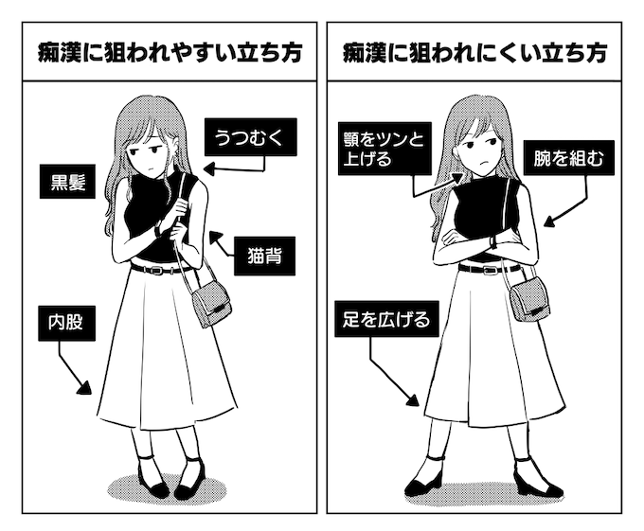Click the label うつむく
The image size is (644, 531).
pyautogui.click(x=251, y=137)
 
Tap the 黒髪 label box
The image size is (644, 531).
pyautogui.click(x=67, y=182)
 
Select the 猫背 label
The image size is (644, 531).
pyautogui.click(x=264, y=257)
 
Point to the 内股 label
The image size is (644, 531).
pyautogui.click(x=67, y=323)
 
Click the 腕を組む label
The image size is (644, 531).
pyautogui.click(x=569, y=158)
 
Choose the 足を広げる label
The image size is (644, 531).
pyautogui.click(x=386, y=319)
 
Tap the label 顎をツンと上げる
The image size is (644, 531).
pyautogui.click(x=385, y=149)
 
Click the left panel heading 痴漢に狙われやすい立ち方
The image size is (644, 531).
pyautogui.click(x=170, y=53)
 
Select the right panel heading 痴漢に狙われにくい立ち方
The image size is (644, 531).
pyautogui.click(x=474, y=53)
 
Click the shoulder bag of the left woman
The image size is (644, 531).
pyautogui.click(x=211, y=303)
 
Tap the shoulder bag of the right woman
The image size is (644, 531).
pyautogui.click(x=530, y=299)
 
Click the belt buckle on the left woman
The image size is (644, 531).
pyautogui.click(x=156, y=271)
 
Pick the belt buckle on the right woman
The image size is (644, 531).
pyautogui.click(x=489, y=270)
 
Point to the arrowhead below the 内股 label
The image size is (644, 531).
pyautogui.click(x=85, y=388)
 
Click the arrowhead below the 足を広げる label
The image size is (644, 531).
pyautogui.click(x=413, y=399)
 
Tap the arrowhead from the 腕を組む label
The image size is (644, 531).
pyautogui.click(x=550, y=222)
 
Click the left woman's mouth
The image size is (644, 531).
pyautogui.click(x=151, y=168)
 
